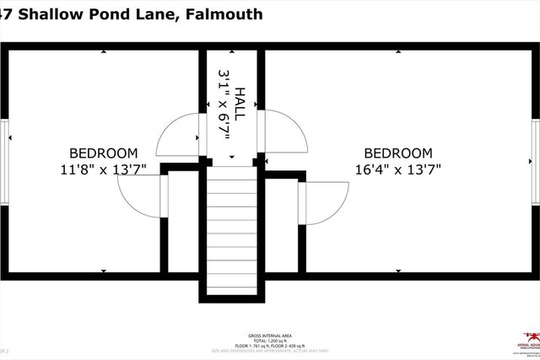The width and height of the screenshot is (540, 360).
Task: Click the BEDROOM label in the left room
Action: (103, 153)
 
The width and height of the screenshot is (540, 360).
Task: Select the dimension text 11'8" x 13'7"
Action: (103, 169)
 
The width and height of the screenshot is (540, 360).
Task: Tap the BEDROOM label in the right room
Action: (397, 153)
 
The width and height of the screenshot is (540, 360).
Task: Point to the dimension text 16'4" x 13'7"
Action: (397, 169)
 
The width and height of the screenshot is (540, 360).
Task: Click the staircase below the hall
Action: (232, 228)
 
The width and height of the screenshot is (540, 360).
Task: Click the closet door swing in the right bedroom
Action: (325, 202)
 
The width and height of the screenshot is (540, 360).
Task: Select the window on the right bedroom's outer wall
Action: (536, 161)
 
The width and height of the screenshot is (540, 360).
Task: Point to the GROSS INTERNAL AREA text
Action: (270, 332)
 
